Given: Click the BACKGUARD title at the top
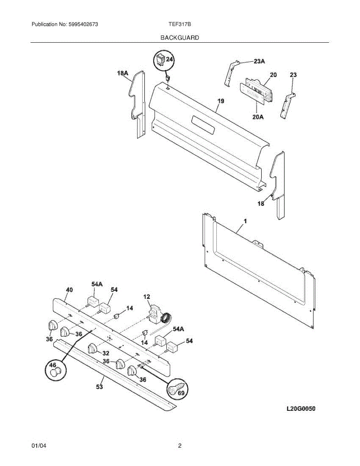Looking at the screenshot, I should pyautogui.click(x=180, y=38).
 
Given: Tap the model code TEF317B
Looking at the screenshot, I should pyautogui.click(x=179, y=24).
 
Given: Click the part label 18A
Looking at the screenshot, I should pyautogui.click(x=122, y=73).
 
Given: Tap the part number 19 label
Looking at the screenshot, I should pyautogui.click(x=221, y=101).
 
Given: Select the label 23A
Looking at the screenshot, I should pyautogui.click(x=259, y=61).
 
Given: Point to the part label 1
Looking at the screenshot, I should pyautogui.click(x=245, y=221).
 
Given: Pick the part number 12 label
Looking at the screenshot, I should pyautogui.click(x=147, y=297).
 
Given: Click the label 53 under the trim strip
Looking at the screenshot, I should pyautogui.click(x=99, y=387).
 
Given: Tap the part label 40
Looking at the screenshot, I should pyautogui.click(x=70, y=290).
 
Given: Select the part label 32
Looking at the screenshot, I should pyautogui.click(x=106, y=353).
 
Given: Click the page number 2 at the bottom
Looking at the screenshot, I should pyautogui.click(x=180, y=446).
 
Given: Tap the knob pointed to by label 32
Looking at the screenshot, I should pyautogui.click(x=92, y=348).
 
